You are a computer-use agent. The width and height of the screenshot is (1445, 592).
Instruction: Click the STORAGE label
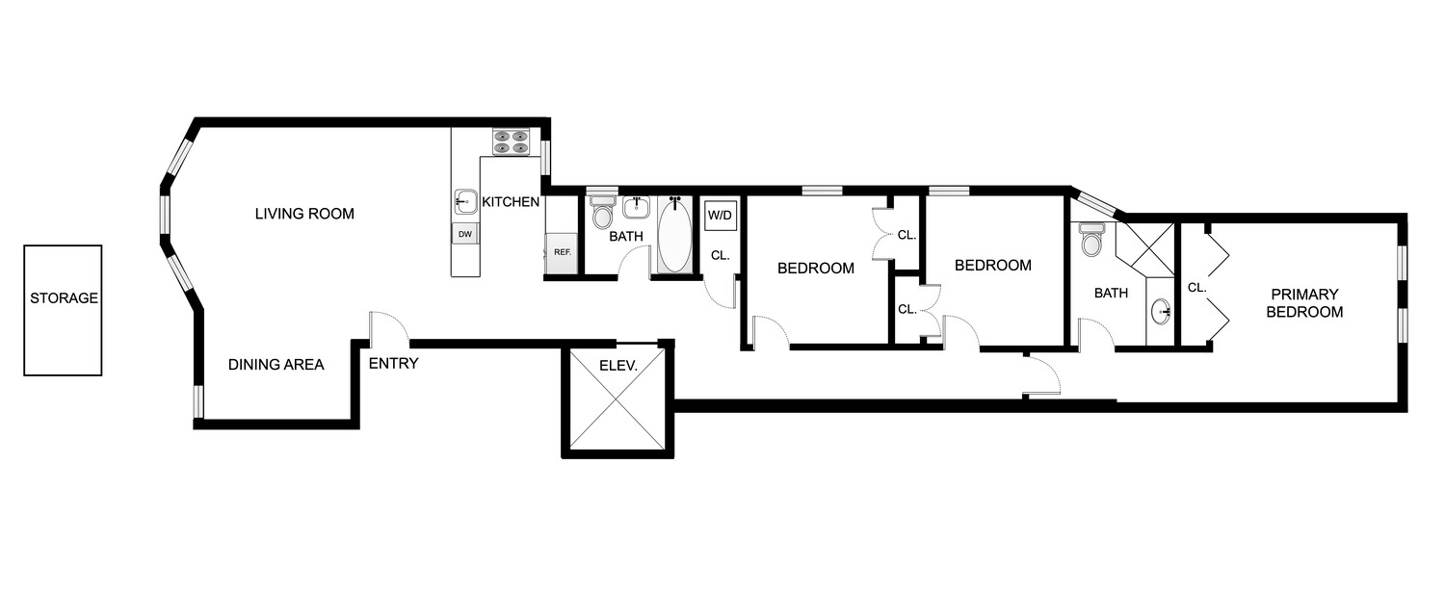point(64,298)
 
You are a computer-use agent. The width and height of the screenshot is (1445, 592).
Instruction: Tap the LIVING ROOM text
point(304,214)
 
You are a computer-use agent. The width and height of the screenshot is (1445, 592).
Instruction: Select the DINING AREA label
point(276,365)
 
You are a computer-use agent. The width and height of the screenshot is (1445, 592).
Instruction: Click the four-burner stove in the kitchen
point(511,142)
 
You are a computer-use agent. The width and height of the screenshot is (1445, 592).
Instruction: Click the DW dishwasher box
point(464,234)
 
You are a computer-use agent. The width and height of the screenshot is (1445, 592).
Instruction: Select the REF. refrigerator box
point(562,252)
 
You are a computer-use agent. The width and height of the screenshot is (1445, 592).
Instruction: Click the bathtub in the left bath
point(675,236)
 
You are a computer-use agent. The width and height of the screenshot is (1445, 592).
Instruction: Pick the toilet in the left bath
point(603,210)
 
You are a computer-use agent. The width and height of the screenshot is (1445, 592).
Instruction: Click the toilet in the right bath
point(1091,240)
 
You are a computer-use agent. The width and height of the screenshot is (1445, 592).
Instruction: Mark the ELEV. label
point(616,366)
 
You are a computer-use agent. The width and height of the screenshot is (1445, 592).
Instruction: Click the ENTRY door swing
point(390,327)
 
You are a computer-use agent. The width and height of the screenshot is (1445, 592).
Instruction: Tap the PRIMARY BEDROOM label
point(1304,303)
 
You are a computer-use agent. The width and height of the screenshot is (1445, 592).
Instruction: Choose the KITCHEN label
point(511,202)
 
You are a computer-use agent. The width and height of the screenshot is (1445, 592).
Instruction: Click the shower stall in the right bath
point(1146,249)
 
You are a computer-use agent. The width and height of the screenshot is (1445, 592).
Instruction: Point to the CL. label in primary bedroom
point(1196,287)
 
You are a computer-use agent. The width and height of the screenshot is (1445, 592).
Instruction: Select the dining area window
point(198,401)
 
